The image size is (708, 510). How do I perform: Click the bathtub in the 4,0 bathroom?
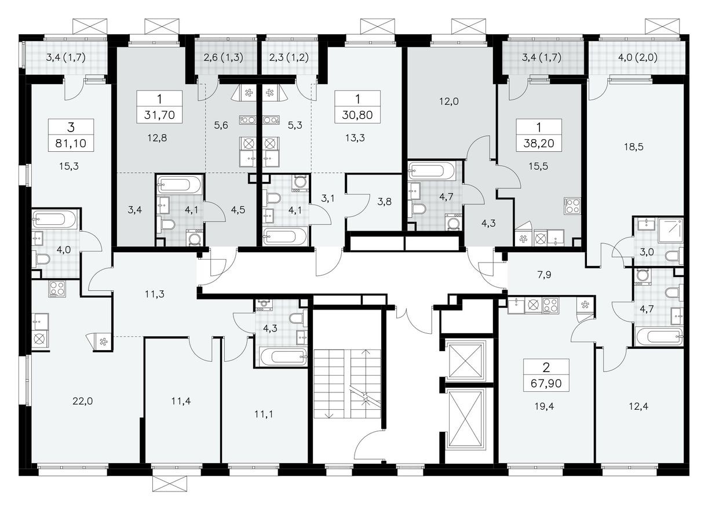[x=54, y=220]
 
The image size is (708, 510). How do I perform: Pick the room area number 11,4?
[x=181, y=400]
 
